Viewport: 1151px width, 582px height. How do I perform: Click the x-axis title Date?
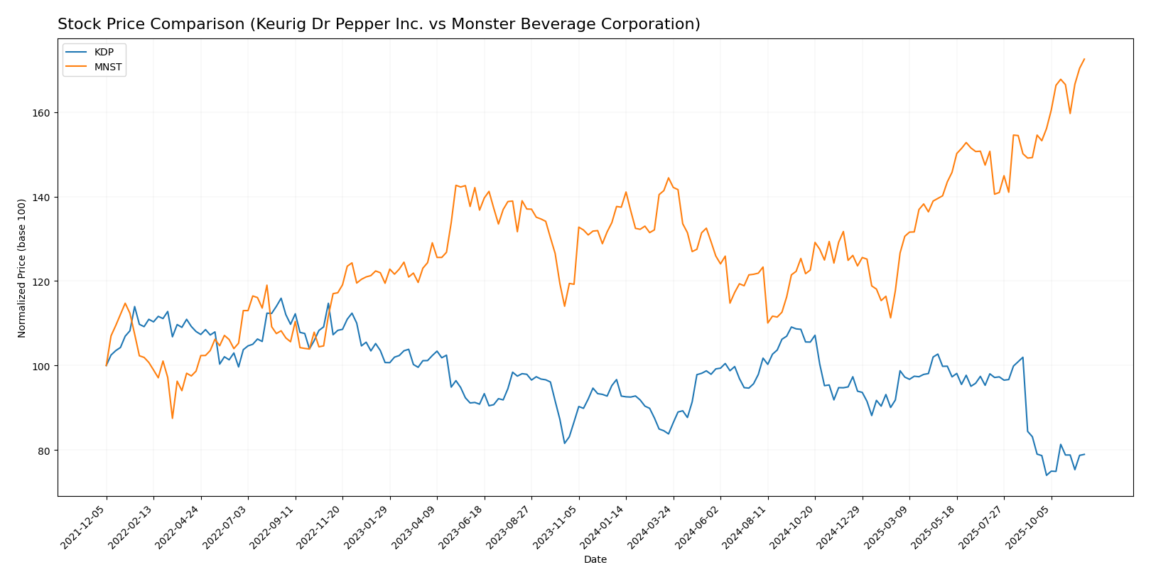point(595,560)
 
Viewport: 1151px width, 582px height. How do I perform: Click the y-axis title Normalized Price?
point(22,268)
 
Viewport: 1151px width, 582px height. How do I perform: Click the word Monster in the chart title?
point(507,24)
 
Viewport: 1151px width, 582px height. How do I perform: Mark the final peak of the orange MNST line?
point(1084,59)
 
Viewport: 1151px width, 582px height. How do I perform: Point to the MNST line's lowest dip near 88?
point(172,418)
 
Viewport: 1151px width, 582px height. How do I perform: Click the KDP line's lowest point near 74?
point(1047,475)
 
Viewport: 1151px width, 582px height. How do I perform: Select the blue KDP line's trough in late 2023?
point(565,443)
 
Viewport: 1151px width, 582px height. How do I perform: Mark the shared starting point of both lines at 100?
point(107,365)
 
